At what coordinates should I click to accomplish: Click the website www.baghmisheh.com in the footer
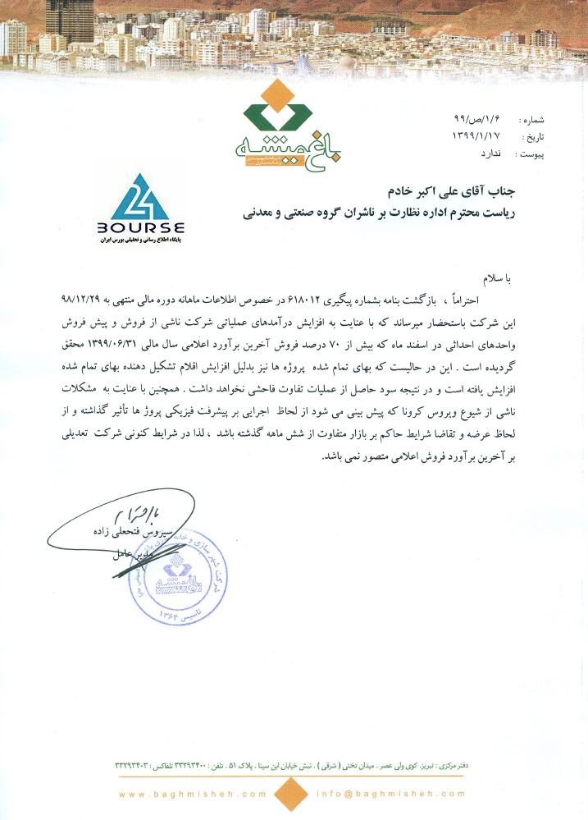point(192,794)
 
